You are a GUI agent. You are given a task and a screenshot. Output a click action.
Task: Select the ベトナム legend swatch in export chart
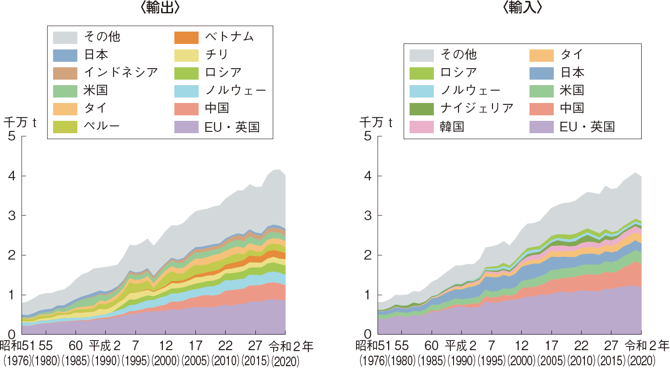[x=186, y=37]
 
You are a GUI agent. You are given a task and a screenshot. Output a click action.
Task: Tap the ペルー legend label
[x=102, y=125]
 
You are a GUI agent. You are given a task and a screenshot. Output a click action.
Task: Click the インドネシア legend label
[x=121, y=72]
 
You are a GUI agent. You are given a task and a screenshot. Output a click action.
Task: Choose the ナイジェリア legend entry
[x=476, y=108]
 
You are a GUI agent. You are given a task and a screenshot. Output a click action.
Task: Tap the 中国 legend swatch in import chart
[x=541, y=108]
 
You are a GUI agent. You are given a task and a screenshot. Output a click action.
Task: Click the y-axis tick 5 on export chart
[x=11, y=136]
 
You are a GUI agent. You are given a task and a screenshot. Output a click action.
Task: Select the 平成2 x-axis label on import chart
[x=460, y=345]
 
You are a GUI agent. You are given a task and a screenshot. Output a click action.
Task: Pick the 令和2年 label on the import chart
[x=646, y=345]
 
